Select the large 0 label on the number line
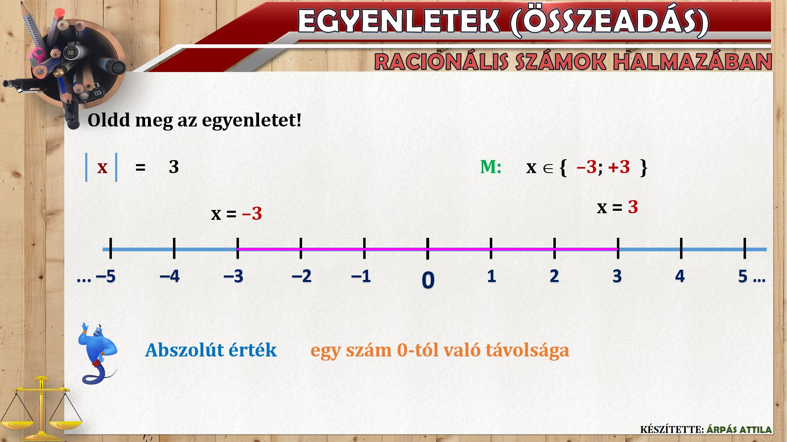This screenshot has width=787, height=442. click(428, 281)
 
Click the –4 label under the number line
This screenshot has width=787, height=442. click(170, 277)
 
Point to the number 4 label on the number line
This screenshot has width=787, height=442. click(680, 277)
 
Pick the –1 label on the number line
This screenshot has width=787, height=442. click(361, 277)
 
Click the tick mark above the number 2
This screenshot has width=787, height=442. click(555, 248)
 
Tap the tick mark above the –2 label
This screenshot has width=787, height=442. click(301, 248)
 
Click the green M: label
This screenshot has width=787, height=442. click(491, 167)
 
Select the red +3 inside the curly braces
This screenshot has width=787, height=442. click(619, 167)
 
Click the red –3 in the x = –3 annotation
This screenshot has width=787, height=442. click(252, 214)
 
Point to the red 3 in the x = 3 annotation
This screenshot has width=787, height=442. click(633, 207)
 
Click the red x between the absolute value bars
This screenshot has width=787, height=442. click(102, 167)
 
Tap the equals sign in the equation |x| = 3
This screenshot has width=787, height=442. click(141, 167)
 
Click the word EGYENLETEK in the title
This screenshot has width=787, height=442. click(398, 21)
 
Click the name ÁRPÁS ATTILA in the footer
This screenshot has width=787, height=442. click(739, 430)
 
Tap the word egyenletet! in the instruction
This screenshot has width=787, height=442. click(252, 120)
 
